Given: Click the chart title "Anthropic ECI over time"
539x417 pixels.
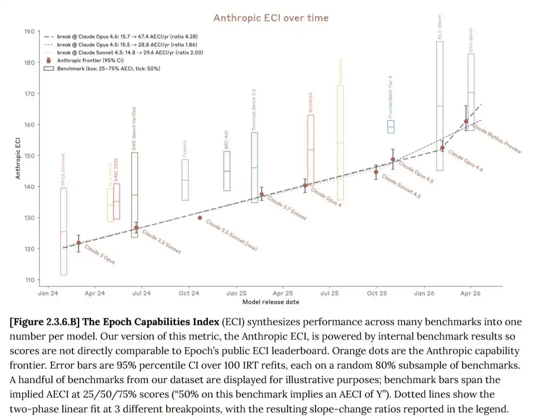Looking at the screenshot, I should coord(271,18).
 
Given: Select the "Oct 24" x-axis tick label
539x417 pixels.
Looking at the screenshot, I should coord(189,293).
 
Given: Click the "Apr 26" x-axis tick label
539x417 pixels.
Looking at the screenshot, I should coord(470,293).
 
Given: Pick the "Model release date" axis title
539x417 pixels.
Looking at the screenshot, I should coord(270,302).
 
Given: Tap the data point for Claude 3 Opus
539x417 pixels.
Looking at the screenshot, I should coord(78,243).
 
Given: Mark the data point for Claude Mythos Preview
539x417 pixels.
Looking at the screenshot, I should coord(466,121).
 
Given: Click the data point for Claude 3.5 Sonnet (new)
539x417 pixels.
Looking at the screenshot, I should coord(200,218).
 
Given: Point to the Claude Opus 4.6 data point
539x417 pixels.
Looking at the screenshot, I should coord(442,148).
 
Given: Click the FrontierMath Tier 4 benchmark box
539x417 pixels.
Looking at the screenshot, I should coord(391,127).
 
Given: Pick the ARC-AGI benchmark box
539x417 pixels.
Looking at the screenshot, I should coord(227,171).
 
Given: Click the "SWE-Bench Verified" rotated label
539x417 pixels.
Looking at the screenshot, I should coord(134,129).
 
